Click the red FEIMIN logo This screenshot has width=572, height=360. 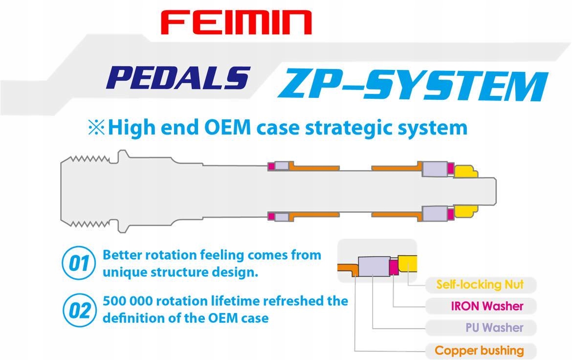[236, 22]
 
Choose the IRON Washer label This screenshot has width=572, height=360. [487, 306]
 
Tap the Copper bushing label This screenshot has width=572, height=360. [479, 350]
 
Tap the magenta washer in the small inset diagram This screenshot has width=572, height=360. [393, 267]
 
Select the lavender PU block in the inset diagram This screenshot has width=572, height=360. [373, 268]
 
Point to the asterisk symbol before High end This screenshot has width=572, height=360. [95, 128]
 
